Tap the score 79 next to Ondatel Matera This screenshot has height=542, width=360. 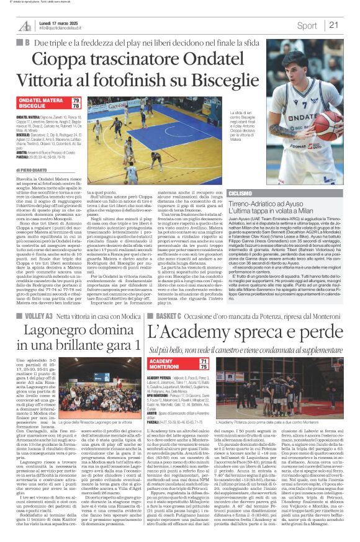click(x=93, y=99)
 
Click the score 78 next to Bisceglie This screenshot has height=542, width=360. click(x=93, y=106)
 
